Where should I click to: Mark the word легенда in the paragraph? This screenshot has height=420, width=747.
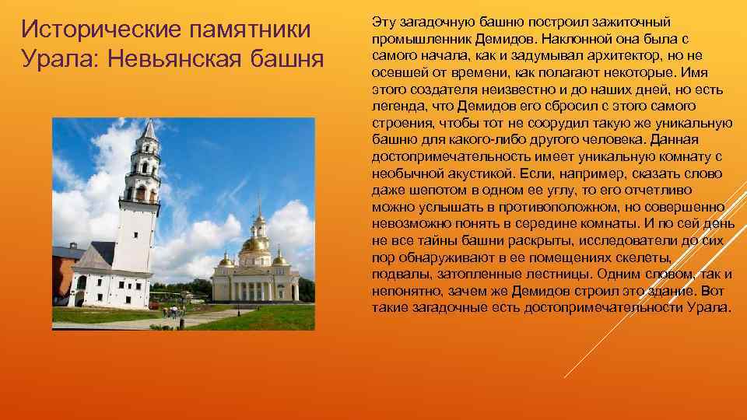(x=397, y=106)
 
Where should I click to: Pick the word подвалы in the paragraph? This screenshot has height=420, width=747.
(x=398, y=275)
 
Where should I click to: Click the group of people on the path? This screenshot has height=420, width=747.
(x=173, y=311)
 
